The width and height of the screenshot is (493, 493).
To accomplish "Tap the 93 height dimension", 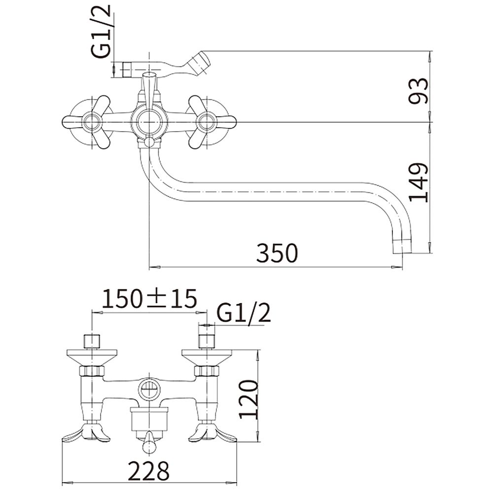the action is (x=419, y=91).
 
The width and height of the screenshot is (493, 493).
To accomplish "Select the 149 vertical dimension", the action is (x=419, y=182).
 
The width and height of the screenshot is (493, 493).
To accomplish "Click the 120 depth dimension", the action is (x=248, y=399).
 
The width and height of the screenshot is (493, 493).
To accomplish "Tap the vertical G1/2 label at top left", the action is (x=102, y=31).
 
